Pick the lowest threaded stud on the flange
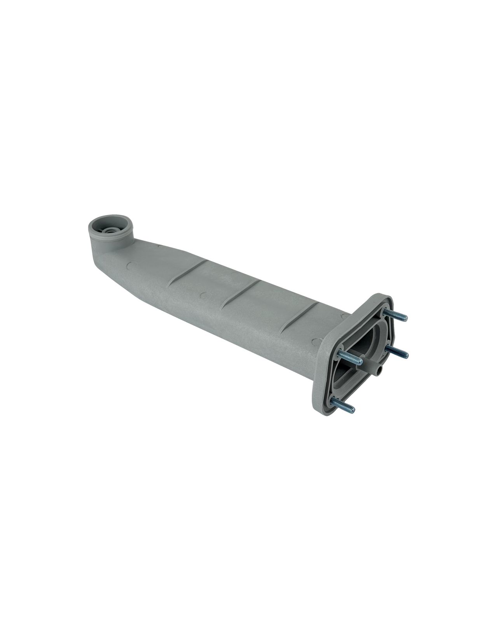click(x=342, y=403)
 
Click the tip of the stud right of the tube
click(x=406, y=355)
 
